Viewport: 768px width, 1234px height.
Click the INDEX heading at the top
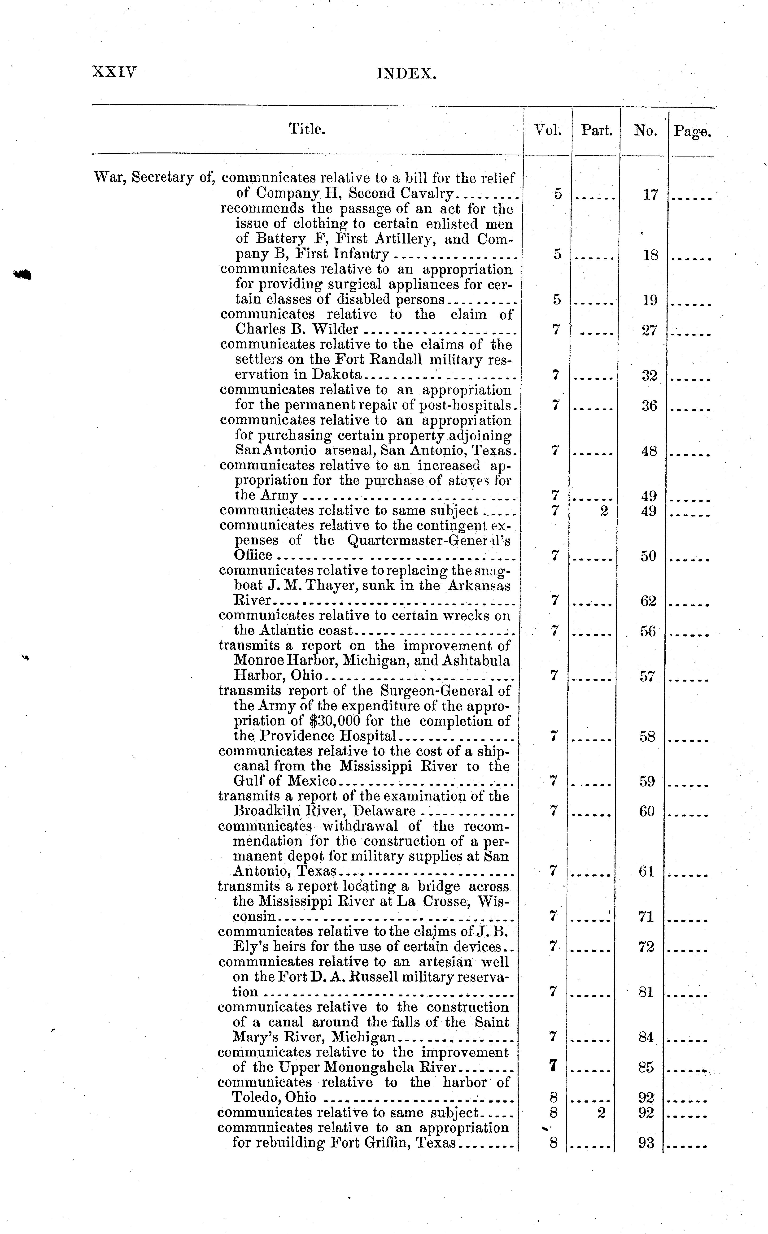click(406, 74)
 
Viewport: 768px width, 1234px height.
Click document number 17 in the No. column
click(651, 195)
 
